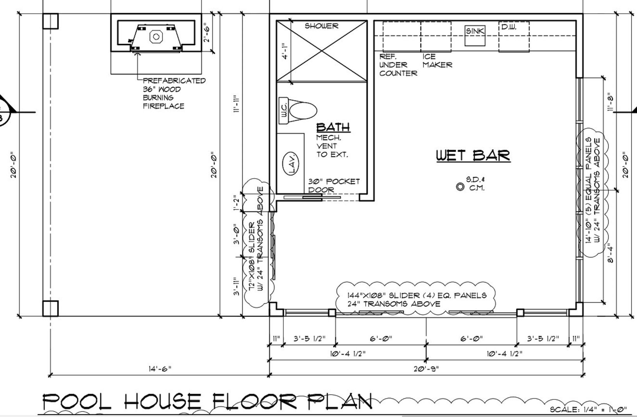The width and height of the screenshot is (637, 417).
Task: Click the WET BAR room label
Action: tap(473, 155)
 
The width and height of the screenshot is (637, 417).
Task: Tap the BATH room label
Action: tap(333, 127)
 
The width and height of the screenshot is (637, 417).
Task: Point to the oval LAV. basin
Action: tap(291, 163)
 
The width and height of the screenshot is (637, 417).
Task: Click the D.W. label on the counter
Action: tap(509, 27)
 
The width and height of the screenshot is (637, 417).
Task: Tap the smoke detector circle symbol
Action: tap(460, 187)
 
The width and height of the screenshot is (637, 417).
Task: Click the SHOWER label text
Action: tap(321, 26)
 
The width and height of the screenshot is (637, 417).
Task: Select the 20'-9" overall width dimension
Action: tap(426, 369)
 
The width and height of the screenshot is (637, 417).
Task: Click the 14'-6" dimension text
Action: tap(160, 369)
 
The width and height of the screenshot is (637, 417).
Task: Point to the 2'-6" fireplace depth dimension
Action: tap(207, 34)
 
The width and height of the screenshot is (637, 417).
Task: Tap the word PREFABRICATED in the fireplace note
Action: tap(174, 81)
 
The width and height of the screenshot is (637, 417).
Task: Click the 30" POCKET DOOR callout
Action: tap(334, 185)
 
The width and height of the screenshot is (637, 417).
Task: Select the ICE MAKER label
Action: tap(437, 61)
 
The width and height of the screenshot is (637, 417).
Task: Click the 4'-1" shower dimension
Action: tap(285, 51)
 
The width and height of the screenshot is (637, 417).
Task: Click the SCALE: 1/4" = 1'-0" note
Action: tap(588, 409)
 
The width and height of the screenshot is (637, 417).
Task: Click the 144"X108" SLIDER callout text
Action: tap(416, 299)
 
